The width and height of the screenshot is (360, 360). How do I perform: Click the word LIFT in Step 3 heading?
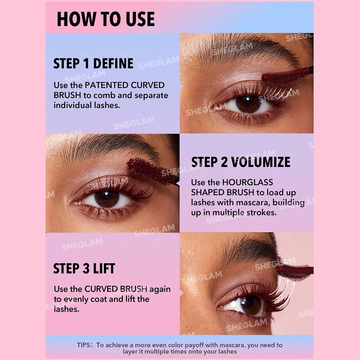104,268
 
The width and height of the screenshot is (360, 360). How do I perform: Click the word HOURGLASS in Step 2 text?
247,182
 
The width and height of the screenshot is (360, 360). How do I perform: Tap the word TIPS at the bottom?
84,345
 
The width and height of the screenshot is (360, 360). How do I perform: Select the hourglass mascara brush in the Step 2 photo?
150,171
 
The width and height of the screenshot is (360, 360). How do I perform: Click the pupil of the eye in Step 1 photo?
248,104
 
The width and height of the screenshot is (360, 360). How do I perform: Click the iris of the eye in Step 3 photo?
251,306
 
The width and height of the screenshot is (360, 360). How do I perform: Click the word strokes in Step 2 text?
261,212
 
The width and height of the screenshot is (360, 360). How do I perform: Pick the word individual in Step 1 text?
72,105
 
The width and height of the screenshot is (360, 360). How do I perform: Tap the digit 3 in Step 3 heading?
86,268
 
